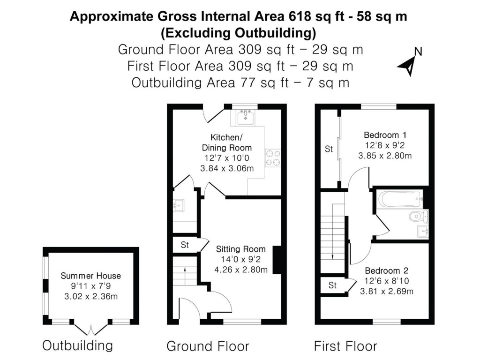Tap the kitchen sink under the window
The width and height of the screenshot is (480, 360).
pos(246,116)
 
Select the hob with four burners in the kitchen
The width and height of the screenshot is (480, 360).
pos(272,157)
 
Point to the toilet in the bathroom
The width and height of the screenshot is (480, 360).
pos(417,216)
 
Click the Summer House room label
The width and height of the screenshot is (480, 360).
pos(90,276)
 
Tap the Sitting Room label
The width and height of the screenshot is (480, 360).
pos(240,249)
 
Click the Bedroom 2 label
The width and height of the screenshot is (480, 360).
pos(386,270)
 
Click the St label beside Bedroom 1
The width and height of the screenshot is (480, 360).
pos(329,150)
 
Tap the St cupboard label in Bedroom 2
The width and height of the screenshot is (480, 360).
pos(332,285)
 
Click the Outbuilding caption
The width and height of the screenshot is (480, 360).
pos(78,346)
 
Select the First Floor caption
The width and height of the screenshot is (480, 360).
pos(345,346)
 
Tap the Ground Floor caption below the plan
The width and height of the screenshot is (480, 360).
pos(208,346)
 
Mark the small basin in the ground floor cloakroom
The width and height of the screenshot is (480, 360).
pos(179,205)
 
